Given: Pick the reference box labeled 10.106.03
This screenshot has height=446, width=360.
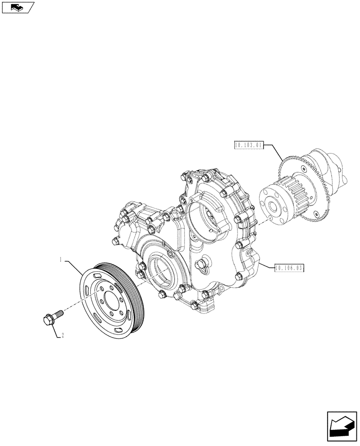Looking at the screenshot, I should click(290, 268).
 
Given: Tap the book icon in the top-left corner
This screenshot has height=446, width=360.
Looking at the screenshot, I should click(17, 7).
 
